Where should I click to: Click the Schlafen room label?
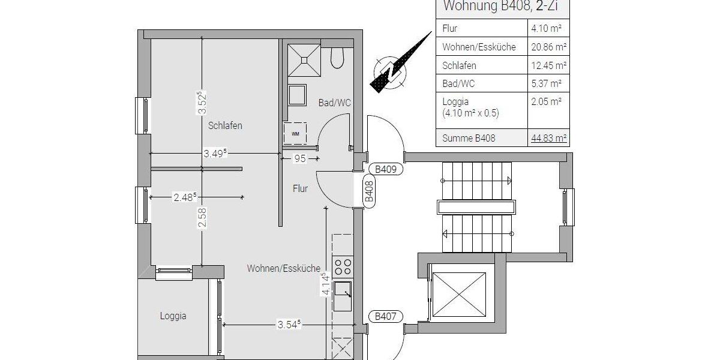225,126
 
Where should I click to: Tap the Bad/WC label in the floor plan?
334,103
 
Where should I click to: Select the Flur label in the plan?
300,188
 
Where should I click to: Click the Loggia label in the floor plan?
173,316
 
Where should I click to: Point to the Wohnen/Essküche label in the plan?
283,269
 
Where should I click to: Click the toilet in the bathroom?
337,58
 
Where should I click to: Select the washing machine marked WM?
295,133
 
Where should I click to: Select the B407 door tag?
386,317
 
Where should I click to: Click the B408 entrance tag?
370,191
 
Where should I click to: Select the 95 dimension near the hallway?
300,158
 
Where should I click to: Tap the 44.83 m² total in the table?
548,139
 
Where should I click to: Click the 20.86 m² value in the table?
548,47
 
